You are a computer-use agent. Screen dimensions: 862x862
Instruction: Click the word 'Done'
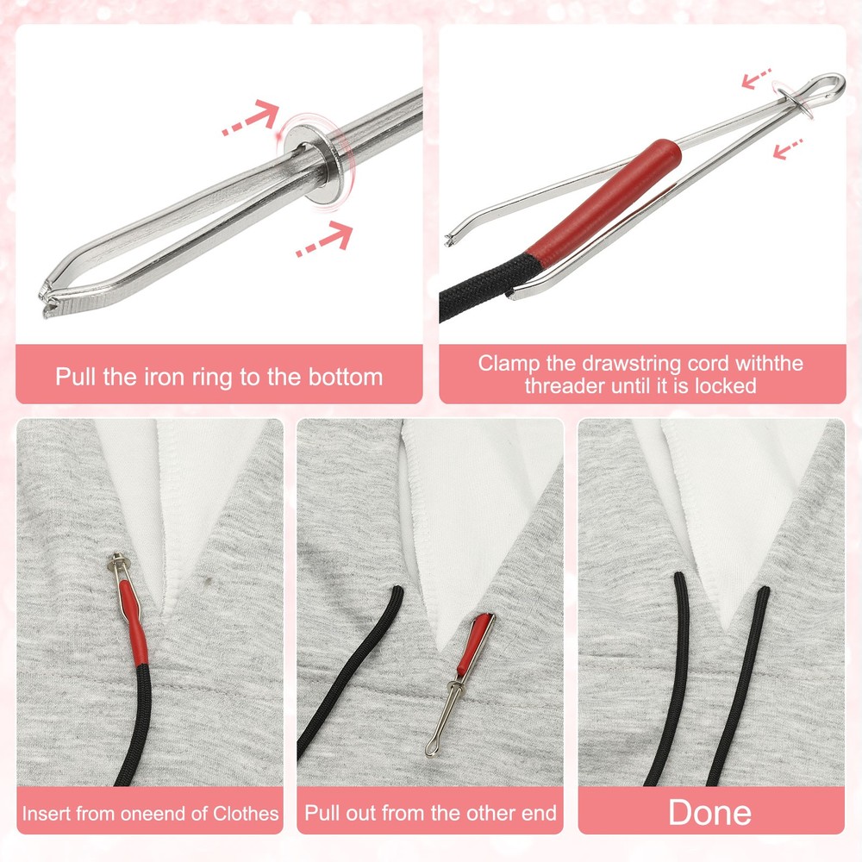[710, 812]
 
